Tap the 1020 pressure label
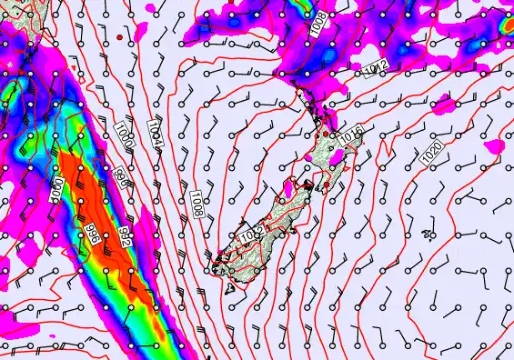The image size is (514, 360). click(432, 153)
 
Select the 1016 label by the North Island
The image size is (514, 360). click(351, 134)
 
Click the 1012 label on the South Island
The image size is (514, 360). click(250, 233)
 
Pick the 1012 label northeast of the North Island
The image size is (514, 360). click(376, 68)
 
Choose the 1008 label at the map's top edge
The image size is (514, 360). click(317, 24)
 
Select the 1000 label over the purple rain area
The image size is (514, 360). click(56, 191)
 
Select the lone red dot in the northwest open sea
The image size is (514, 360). click(120, 37)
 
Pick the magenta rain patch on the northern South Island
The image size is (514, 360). click(289, 188)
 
